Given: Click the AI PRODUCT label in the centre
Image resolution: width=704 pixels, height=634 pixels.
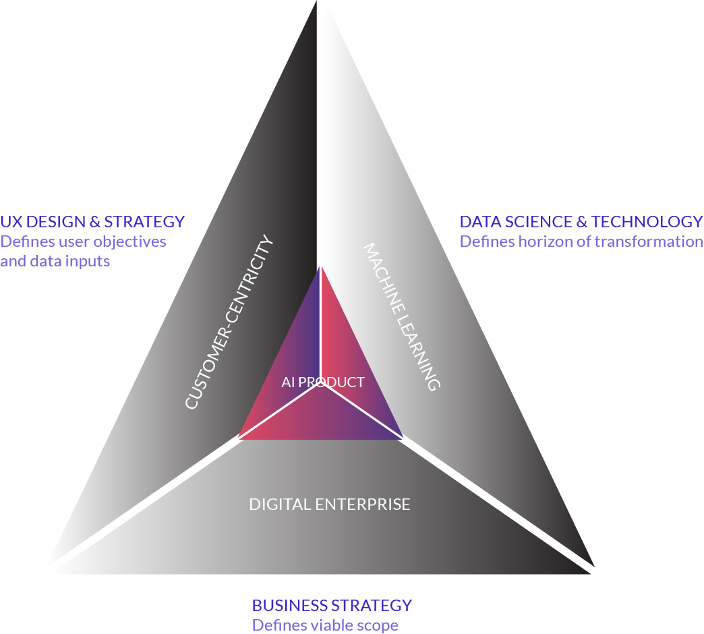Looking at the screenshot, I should click(x=323, y=382).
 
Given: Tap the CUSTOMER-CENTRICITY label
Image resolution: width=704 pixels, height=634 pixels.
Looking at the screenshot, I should click(x=230, y=322).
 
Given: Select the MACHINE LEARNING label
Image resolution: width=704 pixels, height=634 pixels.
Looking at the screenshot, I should click(x=402, y=316).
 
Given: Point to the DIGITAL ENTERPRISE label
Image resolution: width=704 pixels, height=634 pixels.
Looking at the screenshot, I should click(x=330, y=505).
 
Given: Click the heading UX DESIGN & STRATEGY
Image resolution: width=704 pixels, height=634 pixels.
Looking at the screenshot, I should click(x=92, y=221).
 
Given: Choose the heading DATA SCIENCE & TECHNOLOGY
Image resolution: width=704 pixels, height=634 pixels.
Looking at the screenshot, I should click(x=581, y=221).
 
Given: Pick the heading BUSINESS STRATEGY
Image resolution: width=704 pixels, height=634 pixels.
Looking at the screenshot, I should click(x=332, y=605).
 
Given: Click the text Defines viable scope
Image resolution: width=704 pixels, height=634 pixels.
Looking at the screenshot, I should click(x=325, y=625).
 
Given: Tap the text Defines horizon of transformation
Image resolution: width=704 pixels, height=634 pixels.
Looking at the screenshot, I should click(x=581, y=241).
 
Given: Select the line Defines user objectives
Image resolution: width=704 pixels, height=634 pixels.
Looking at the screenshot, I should click(x=83, y=241).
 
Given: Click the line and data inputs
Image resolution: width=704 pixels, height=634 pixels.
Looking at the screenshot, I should click(x=55, y=261).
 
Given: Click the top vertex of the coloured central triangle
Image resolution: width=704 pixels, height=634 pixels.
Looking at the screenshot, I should click(x=321, y=267).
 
